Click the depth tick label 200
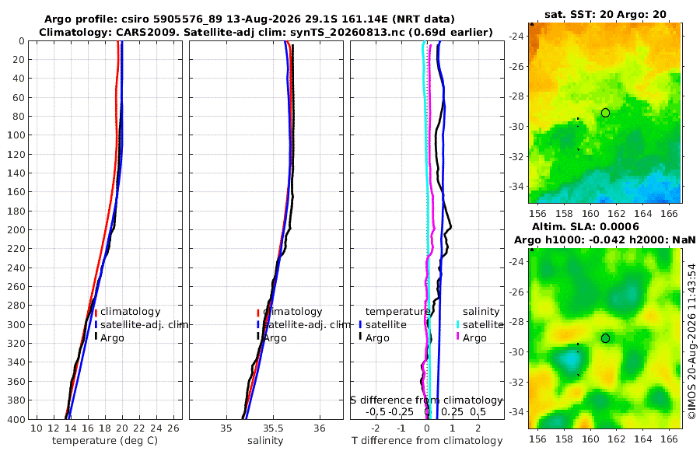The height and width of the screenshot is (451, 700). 16,229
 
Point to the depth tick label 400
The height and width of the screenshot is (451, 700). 16,419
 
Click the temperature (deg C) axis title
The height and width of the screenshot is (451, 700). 105,441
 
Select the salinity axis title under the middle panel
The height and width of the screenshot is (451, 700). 265,441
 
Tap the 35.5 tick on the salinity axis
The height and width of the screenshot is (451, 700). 273,428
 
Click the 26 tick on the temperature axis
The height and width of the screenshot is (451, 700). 173,428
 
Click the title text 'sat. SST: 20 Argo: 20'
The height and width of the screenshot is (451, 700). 605,15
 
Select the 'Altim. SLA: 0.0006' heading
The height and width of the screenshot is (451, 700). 585,227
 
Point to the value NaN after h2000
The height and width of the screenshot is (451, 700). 684,240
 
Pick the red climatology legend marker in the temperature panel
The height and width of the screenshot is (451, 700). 96,313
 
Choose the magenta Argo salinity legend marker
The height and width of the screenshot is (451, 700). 457,337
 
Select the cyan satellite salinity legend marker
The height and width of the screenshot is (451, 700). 457,325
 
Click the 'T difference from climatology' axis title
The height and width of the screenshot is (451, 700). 427,441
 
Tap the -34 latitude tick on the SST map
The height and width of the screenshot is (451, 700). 517,186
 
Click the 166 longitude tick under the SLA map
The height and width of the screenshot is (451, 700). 669,439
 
